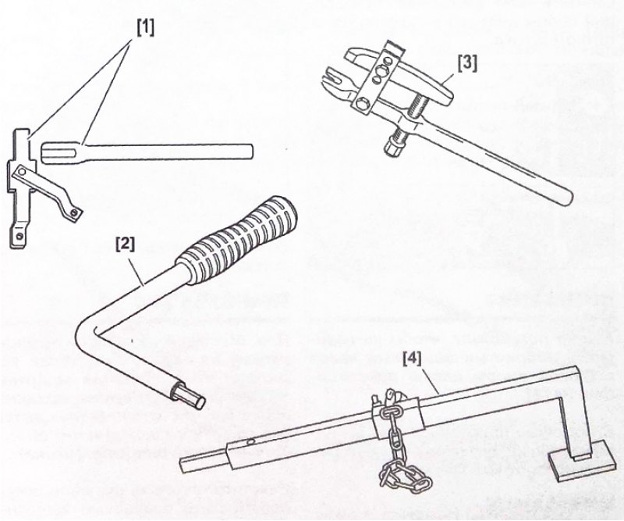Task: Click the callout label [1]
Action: tap(145, 27)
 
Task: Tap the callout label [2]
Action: tap(125, 244)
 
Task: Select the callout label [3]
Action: tap(467, 63)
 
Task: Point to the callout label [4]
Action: tap(413, 359)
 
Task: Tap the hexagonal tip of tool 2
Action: tap(191, 396)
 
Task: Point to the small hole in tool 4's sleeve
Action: tap(250, 441)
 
